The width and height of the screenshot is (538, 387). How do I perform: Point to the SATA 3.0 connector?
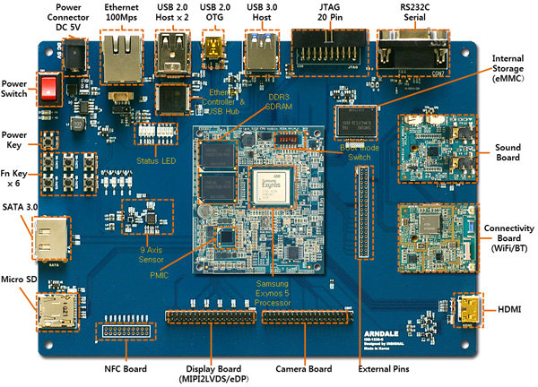coord(51,237)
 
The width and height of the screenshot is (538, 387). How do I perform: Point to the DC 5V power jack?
coord(76,57)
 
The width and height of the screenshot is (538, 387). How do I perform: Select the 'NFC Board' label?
coord(124,367)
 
